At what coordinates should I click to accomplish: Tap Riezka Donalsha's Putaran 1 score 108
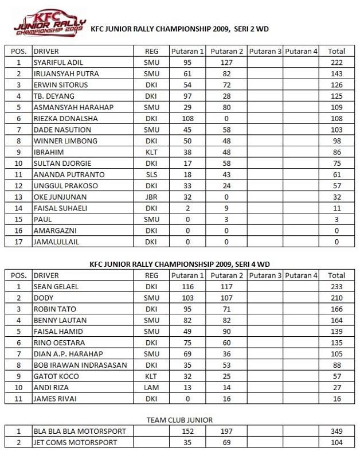187,119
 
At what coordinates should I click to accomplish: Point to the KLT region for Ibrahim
151,153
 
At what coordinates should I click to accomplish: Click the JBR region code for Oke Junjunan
151,197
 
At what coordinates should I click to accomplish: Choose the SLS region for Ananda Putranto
151,174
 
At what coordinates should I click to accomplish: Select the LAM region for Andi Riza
151,387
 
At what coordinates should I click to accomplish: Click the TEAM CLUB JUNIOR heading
179,420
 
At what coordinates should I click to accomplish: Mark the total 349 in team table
336,431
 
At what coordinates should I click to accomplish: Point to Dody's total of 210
336,298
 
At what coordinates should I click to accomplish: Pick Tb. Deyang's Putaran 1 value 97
187,96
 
